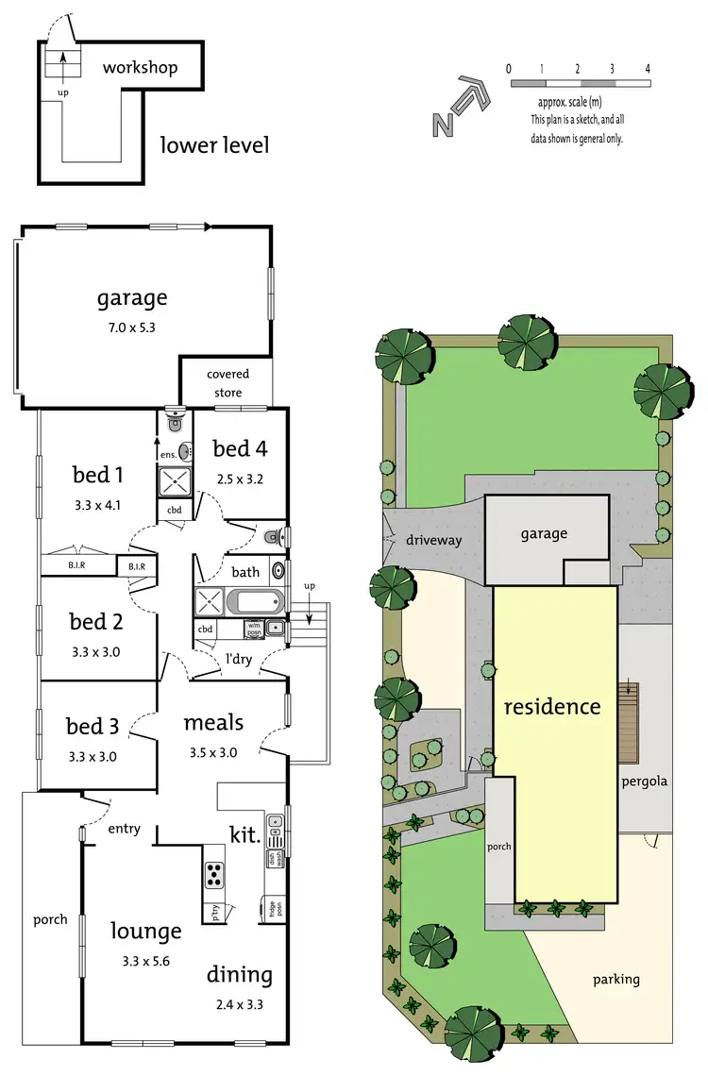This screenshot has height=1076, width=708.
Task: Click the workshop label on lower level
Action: (x=140, y=68)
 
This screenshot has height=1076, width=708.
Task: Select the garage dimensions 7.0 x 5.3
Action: (x=132, y=329)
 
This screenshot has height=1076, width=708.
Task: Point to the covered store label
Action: (x=228, y=383)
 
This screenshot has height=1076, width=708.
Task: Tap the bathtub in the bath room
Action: (x=244, y=601)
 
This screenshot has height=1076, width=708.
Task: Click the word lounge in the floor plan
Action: (x=144, y=931)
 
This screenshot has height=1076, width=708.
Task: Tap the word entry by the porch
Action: (x=124, y=829)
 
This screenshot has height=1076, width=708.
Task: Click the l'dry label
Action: (x=238, y=659)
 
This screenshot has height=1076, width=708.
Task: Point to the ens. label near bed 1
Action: (x=168, y=455)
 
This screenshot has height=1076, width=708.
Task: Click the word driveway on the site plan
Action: (x=433, y=541)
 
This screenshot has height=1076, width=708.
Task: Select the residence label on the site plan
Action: (x=551, y=706)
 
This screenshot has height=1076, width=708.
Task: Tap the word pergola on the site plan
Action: (x=644, y=782)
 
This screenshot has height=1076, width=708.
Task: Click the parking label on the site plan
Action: (x=616, y=979)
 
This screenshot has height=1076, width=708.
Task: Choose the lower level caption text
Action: (x=214, y=145)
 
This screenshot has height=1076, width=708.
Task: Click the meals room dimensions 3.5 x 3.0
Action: (x=213, y=752)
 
